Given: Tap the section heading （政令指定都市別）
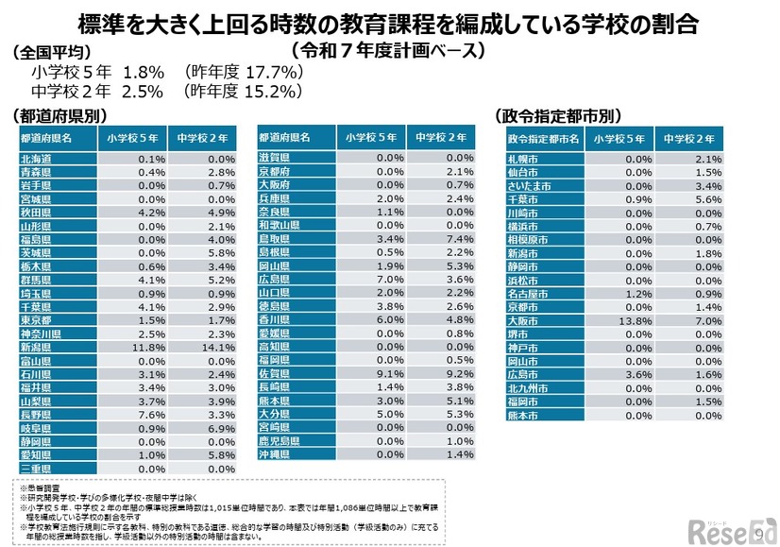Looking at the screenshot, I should point(558,115).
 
